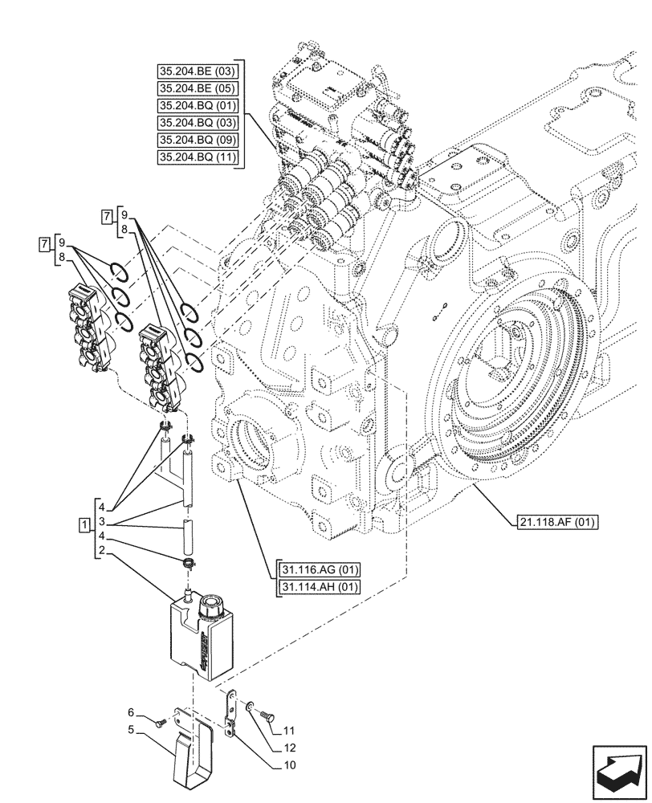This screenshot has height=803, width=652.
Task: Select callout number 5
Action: pos(130,730)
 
